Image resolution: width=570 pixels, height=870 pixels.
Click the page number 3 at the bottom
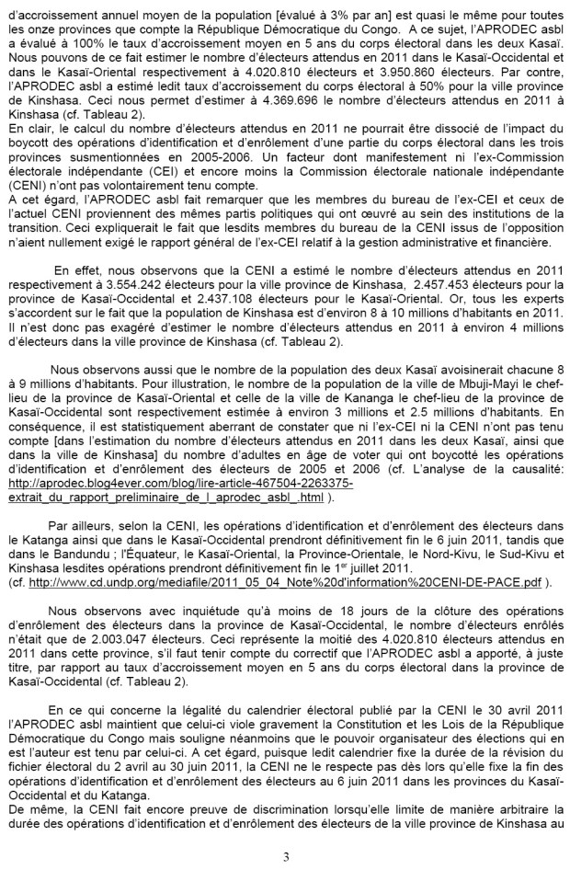(285, 856)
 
